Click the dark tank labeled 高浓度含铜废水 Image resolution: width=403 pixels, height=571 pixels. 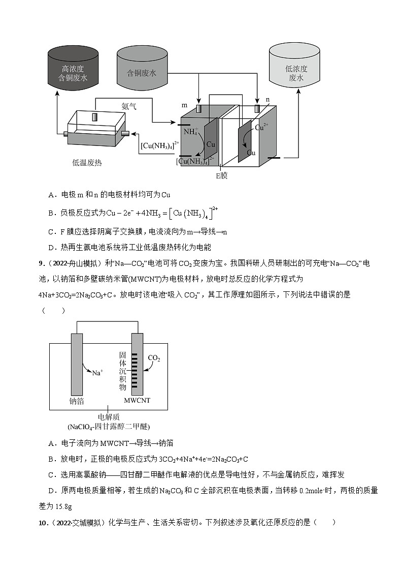point(74,69)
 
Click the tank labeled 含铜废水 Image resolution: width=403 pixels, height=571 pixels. point(142,69)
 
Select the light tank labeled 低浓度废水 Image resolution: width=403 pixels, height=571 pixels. point(295,69)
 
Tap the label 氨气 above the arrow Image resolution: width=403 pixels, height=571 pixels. point(129,107)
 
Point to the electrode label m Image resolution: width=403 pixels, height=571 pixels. point(185,105)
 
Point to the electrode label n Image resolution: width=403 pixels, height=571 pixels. point(267,100)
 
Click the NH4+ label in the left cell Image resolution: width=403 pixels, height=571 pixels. point(191,132)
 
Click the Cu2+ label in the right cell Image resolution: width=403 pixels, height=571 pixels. point(262,128)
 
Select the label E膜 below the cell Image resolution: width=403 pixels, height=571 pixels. point(222,175)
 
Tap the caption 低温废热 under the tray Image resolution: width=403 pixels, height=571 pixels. point(87,163)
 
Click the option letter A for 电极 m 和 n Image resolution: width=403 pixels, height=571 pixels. point(51,195)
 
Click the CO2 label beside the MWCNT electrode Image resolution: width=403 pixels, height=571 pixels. point(154,358)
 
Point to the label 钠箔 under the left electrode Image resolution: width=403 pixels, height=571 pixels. point(77,401)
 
